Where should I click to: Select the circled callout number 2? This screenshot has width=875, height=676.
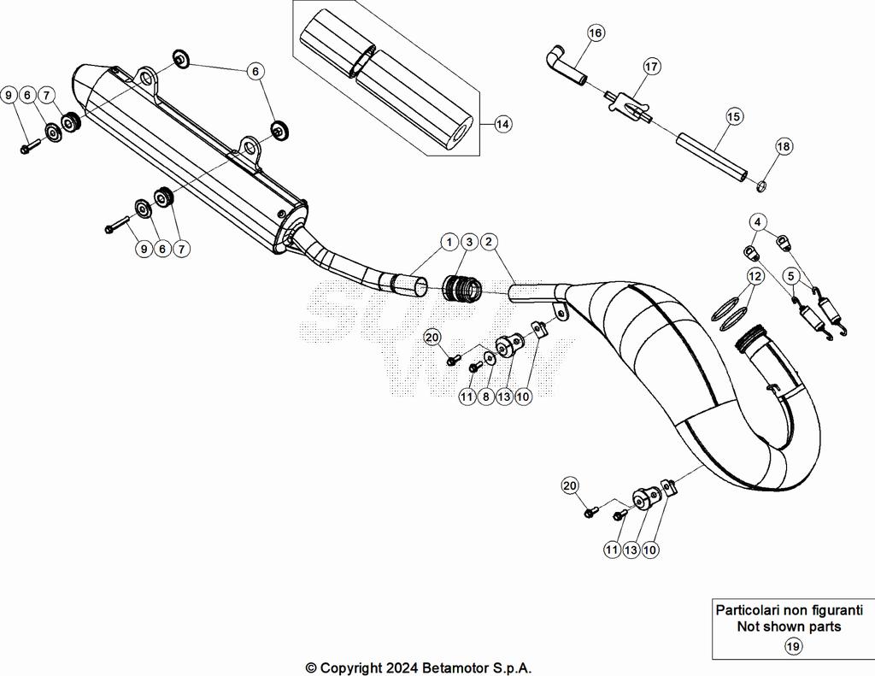489,243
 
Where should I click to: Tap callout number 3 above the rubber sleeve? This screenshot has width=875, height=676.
468,243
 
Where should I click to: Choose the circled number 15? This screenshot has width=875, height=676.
734,116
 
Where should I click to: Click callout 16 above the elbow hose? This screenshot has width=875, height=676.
595,33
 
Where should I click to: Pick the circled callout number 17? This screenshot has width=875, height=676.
651,66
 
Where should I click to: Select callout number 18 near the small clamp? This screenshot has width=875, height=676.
784,147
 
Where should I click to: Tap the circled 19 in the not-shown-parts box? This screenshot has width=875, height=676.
792,647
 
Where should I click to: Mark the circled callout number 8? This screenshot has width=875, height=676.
485,397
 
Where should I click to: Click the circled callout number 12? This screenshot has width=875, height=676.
755,276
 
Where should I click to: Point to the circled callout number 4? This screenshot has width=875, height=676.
758,222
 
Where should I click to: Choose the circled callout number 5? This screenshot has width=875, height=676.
791,276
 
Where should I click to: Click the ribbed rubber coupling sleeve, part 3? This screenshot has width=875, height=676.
462,289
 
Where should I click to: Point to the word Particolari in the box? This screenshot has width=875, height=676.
749,610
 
